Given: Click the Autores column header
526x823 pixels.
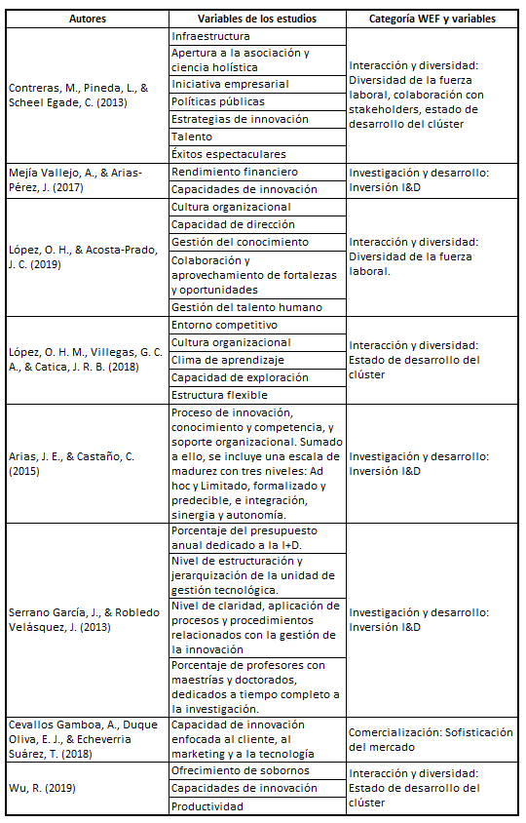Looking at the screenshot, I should click(87, 19).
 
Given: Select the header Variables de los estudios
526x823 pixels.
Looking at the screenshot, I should click(256, 19).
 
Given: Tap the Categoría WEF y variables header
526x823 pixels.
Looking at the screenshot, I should click(432, 19).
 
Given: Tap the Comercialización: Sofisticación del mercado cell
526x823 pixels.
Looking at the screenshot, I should click(432, 738).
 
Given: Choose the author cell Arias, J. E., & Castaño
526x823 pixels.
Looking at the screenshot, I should click(87, 463).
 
